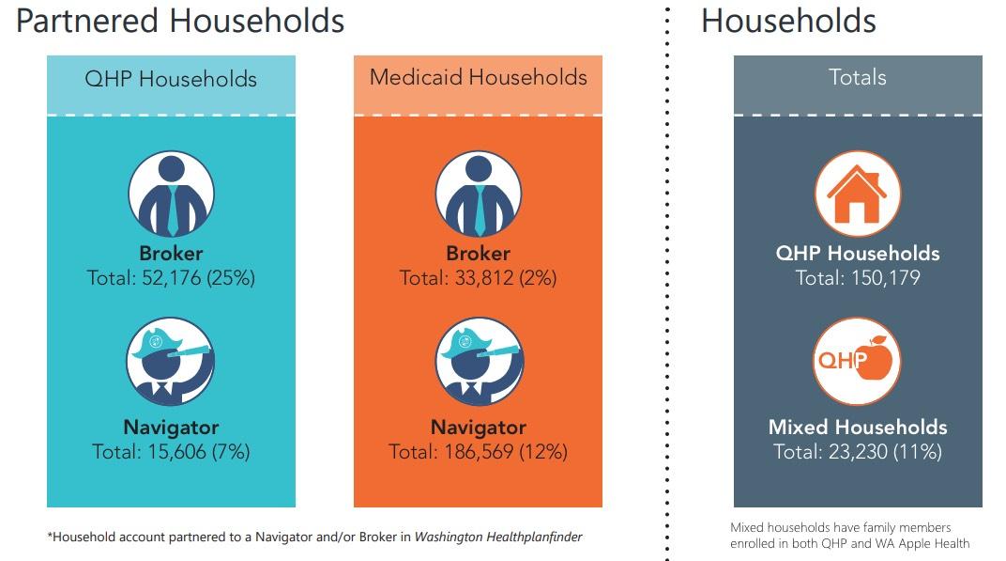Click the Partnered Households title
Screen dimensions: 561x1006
click(180, 21)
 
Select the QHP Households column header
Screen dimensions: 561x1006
click(171, 78)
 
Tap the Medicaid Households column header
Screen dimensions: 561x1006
click(478, 77)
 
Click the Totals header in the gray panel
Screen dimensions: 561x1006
click(857, 77)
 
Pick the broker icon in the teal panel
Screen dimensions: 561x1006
click(171, 195)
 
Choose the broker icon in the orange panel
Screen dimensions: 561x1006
click(478, 195)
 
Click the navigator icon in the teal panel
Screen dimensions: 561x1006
click(171, 362)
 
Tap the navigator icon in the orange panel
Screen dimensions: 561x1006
click(478, 362)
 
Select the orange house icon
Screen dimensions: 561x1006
click(857, 195)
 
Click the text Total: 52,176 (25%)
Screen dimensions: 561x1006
click(171, 278)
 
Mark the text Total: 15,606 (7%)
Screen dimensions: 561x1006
click(171, 452)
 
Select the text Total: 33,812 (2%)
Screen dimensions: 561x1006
click(478, 278)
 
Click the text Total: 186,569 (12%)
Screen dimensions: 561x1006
click(478, 452)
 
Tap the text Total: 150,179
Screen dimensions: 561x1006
click(857, 278)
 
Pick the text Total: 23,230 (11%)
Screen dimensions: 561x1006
click(857, 452)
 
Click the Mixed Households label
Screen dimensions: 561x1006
click(857, 428)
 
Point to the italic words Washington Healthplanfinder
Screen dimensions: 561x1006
click(498, 538)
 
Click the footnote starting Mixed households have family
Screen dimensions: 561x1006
click(849, 536)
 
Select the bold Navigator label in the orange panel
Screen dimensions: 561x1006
click(478, 428)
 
